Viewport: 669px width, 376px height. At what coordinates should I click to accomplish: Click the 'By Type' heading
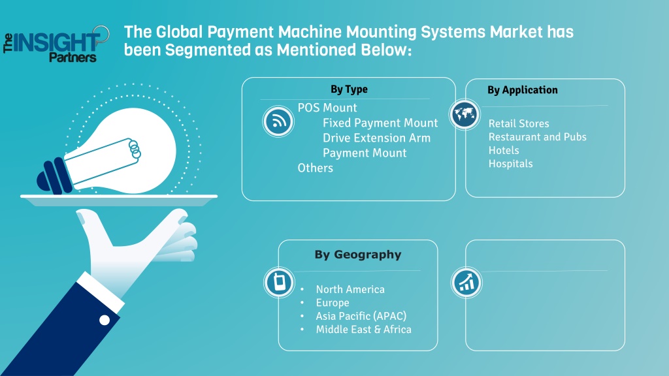(x=349, y=89)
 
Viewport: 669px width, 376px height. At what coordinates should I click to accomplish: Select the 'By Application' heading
(x=522, y=90)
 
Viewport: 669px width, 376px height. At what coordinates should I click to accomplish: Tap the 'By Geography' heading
(x=358, y=255)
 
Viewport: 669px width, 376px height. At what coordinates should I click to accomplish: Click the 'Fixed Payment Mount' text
(x=380, y=123)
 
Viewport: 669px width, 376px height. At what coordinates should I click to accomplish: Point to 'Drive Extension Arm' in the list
(x=377, y=138)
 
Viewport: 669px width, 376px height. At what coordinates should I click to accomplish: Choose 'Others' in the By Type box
(x=316, y=168)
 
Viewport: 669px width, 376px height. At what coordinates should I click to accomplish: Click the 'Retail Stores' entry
(x=519, y=123)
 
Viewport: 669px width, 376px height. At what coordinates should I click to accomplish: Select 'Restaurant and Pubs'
(x=538, y=137)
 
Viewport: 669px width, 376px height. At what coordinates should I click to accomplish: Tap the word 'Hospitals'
(x=511, y=164)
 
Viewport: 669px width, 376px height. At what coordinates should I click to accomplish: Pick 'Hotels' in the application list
(x=504, y=151)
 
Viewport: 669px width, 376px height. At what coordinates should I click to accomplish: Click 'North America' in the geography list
(x=350, y=289)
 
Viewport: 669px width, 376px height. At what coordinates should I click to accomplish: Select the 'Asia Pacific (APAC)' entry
(x=361, y=316)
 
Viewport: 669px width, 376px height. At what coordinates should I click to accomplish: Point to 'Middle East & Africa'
(x=363, y=330)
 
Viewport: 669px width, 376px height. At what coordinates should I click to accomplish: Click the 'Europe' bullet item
(x=333, y=303)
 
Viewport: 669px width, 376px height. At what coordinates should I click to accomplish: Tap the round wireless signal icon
(x=278, y=121)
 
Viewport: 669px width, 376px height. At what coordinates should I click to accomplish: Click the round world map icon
(x=465, y=114)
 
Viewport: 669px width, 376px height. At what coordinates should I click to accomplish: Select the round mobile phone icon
(x=280, y=282)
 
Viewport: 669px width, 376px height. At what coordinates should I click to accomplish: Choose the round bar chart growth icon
(x=466, y=282)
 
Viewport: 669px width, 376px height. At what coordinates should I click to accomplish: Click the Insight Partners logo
(x=56, y=44)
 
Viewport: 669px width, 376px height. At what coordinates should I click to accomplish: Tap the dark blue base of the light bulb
(x=54, y=176)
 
